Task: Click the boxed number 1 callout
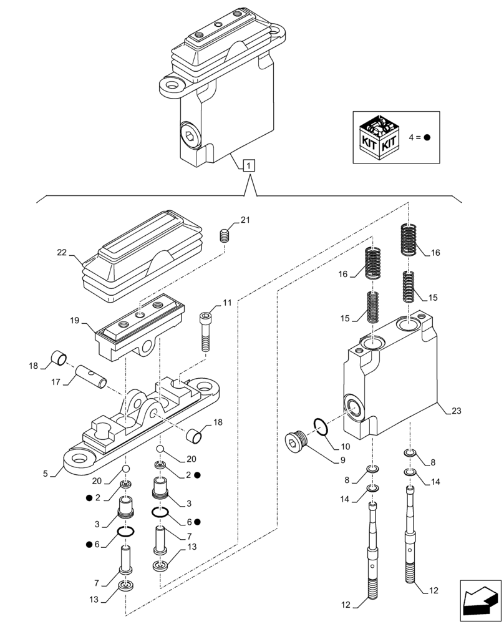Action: click(x=249, y=166)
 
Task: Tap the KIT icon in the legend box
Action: click(x=380, y=137)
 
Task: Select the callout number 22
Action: click(x=61, y=253)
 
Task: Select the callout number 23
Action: click(x=457, y=410)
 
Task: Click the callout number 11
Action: click(x=226, y=303)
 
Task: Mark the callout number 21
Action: click(x=245, y=220)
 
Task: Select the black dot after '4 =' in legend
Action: click(x=428, y=138)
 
